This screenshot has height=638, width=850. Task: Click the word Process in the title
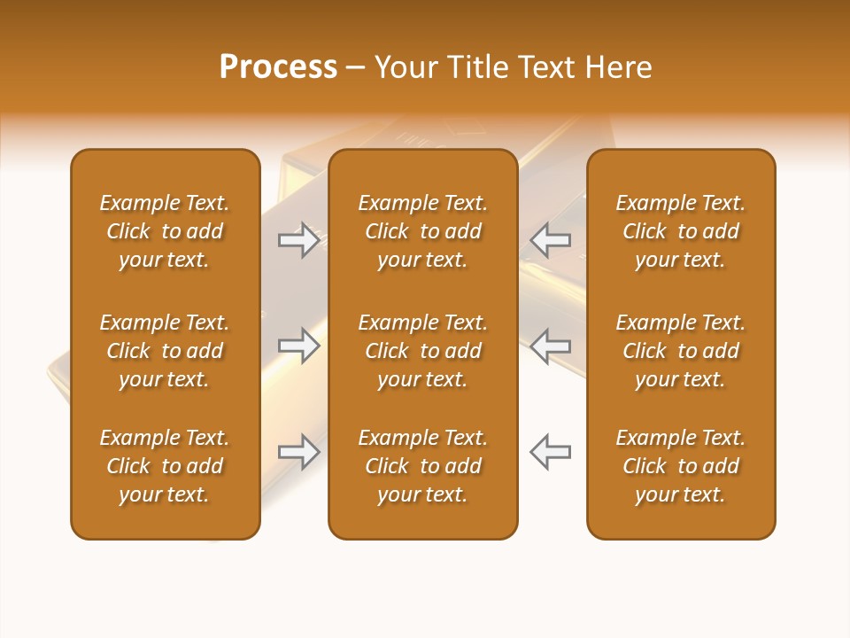point(278,67)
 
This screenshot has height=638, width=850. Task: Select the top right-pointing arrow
point(298,239)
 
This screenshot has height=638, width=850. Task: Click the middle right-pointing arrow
point(298,346)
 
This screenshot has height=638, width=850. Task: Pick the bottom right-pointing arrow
point(298,452)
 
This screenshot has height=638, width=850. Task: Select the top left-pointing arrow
point(551,239)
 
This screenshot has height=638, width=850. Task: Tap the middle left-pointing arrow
point(551,346)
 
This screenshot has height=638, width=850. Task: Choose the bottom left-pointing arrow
point(551,452)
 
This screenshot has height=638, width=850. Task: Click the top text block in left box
point(165,231)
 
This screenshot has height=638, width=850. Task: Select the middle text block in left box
point(165,351)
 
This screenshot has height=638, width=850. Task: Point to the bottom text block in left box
point(165,466)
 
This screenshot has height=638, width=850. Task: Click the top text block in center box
point(422,231)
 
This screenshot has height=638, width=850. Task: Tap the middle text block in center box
point(422,351)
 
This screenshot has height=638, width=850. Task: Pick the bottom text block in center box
point(422,466)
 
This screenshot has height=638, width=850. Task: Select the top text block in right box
point(681,231)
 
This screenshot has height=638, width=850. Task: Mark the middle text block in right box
point(681,351)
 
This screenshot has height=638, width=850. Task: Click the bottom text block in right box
point(681,466)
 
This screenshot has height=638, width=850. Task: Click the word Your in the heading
point(405,67)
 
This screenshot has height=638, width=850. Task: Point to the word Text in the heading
point(546,67)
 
